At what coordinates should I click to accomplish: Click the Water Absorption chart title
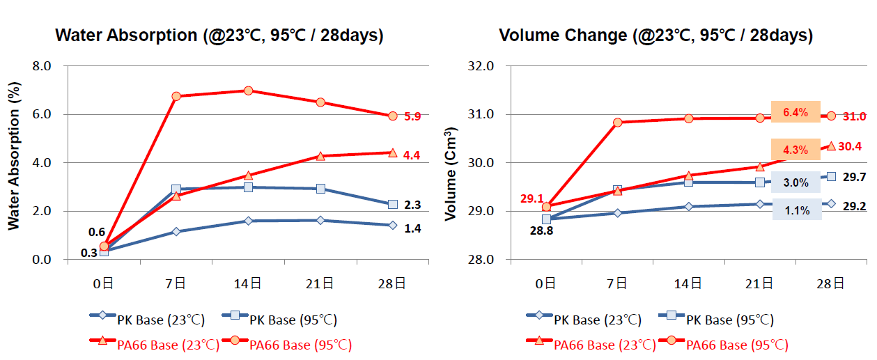pos(219,36)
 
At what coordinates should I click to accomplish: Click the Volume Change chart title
pos(655,36)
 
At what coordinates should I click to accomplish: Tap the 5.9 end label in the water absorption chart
pos(412,117)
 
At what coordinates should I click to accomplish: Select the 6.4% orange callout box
pos(795,111)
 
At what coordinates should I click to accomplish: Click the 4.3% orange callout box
pos(795,150)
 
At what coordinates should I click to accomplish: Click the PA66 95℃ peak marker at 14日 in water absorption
pos(248,91)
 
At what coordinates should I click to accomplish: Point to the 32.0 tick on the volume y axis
pos(481,66)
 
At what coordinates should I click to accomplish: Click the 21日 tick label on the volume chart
pos(759,283)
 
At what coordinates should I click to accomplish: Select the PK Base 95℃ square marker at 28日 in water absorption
pos(393,205)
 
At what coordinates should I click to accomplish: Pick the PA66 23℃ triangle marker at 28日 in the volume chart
pos(831,146)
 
